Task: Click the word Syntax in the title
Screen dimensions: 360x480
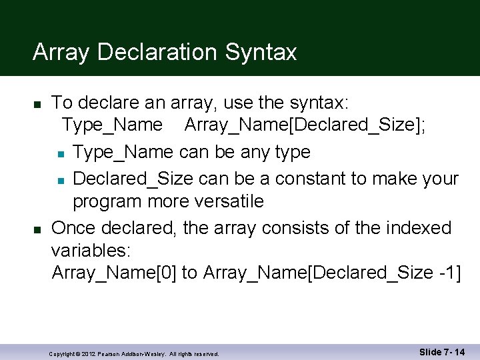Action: [261, 52]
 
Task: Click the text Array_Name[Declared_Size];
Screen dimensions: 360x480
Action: [306, 125]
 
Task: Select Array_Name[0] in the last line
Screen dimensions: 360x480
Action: [114, 273]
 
